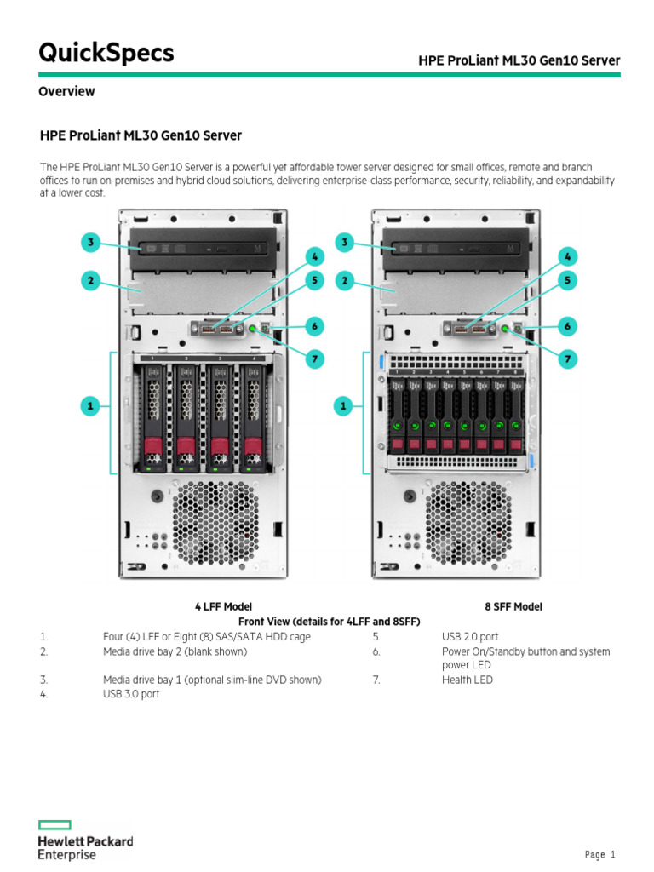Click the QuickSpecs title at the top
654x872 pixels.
click(x=106, y=53)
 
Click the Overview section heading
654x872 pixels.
click(x=66, y=91)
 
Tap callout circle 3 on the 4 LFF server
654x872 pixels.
click(x=90, y=243)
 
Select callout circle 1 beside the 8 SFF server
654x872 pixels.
click(x=345, y=407)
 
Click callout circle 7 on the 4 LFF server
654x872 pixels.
click(x=314, y=359)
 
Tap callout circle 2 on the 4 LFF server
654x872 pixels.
click(x=90, y=279)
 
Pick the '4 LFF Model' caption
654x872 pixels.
click(x=223, y=606)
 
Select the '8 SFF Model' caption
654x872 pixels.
click(x=513, y=606)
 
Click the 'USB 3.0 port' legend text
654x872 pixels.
click(x=131, y=694)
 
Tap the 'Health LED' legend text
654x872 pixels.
click(x=467, y=680)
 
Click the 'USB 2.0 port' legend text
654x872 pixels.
click(x=470, y=636)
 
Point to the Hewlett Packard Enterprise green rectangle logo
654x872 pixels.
click(x=54, y=824)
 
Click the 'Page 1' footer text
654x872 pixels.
click(x=599, y=854)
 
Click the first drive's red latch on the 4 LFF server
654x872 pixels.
click(x=153, y=446)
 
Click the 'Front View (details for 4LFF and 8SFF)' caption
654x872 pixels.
click(x=329, y=621)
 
